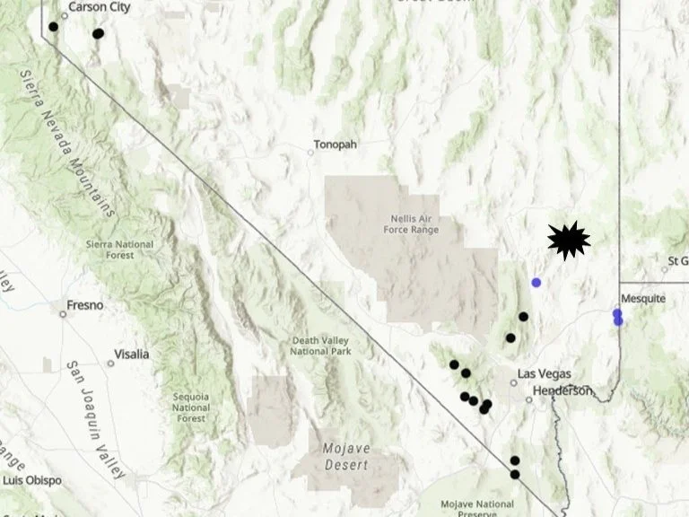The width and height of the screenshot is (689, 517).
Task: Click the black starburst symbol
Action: pyautogui.click(x=568, y=240)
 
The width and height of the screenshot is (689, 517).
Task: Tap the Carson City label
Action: pyautogui.click(x=100, y=7)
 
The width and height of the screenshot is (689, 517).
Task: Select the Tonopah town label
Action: pyautogui.click(x=335, y=145)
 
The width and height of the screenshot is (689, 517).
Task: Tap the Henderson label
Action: pyautogui.click(x=563, y=390)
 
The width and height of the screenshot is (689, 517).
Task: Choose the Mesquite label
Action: pyautogui.click(x=644, y=299)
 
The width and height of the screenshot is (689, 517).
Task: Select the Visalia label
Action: pyautogui.click(x=132, y=354)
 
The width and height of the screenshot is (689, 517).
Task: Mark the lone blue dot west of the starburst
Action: pyautogui.click(x=536, y=283)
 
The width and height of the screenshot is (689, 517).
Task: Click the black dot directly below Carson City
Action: pyautogui.click(x=53, y=27)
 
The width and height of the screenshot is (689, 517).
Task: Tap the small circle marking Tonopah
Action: pyautogui.click(x=311, y=152)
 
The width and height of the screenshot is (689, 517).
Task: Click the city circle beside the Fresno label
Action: pyautogui.click(x=63, y=313)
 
